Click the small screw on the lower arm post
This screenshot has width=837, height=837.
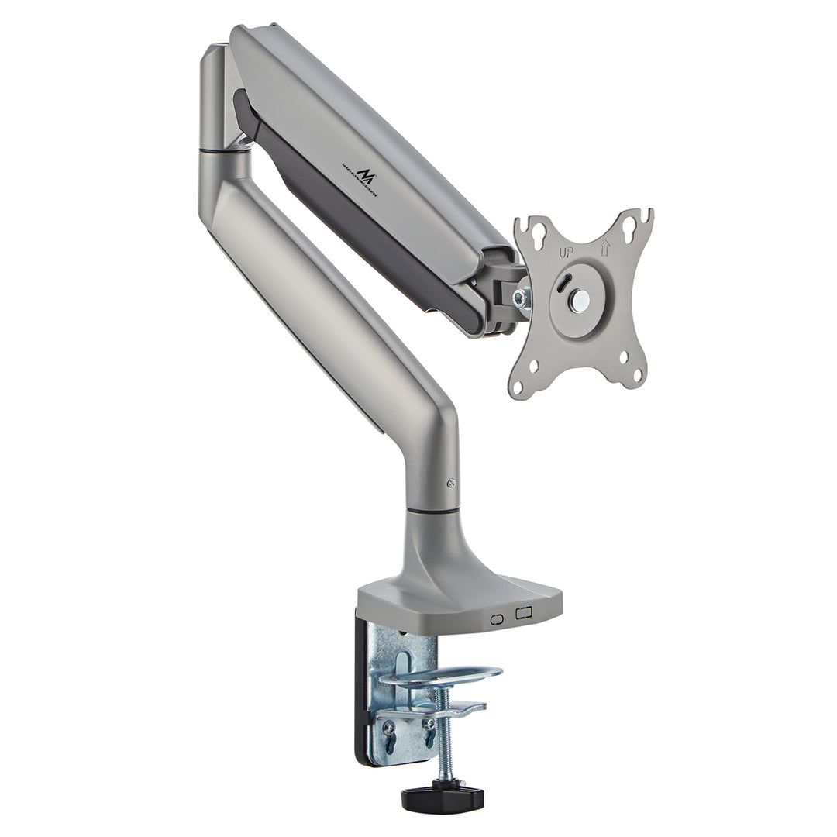click(450, 483)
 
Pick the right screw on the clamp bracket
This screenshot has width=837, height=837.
click(426, 724)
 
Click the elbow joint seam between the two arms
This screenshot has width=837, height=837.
click(224, 150)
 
